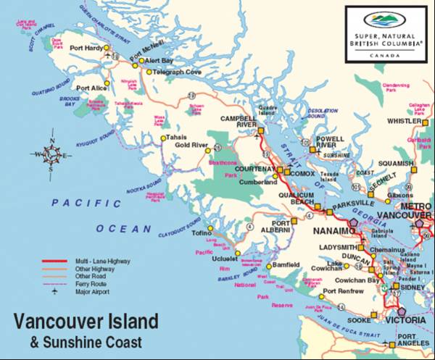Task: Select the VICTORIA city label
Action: (405, 319)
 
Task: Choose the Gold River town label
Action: (191, 145)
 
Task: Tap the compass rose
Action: (52, 154)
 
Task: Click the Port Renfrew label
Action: (341, 291)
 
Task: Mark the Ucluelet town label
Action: (225, 258)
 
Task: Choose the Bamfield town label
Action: (285, 265)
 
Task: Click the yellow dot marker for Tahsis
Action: (162, 138)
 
